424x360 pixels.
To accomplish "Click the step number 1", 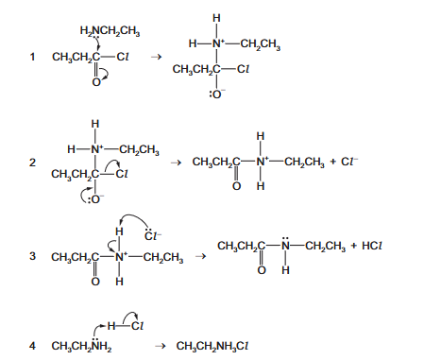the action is (32, 57).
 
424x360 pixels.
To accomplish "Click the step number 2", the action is (32, 163).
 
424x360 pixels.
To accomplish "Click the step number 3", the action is (32, 256).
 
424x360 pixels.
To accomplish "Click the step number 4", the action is (32, 346).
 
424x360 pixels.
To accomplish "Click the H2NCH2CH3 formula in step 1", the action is (110, 31).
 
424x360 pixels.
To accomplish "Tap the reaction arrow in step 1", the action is (156, 57).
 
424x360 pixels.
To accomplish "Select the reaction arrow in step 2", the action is (177, 163).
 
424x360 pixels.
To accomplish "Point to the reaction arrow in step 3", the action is (201, 256).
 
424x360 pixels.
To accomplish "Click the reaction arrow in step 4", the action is (161, 347).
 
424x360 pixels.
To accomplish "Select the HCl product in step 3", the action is (372, 246).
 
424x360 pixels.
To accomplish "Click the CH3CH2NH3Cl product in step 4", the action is (212, 347).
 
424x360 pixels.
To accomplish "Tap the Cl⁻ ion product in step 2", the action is (349, 162).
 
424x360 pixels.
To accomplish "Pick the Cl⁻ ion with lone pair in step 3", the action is (153, 235).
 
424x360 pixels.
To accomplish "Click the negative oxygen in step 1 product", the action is (217, 94).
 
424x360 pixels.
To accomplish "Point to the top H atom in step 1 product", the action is (216, 18).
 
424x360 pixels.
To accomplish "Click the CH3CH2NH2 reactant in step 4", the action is (81, 346).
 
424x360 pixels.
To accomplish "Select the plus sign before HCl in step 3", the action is (354, 246).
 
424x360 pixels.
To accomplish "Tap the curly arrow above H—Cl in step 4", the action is (130, 317).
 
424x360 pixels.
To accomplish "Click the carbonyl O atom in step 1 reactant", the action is (96, 82).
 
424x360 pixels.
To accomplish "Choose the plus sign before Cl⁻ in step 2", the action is (333, 163).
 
